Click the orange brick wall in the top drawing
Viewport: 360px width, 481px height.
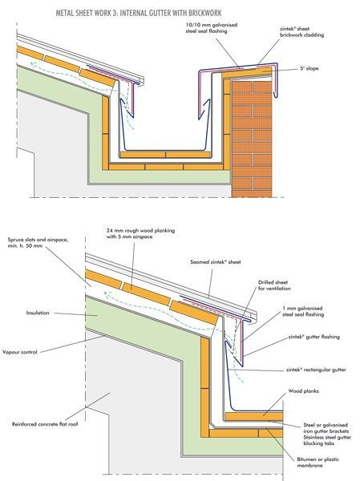click(x=253, y=136)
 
